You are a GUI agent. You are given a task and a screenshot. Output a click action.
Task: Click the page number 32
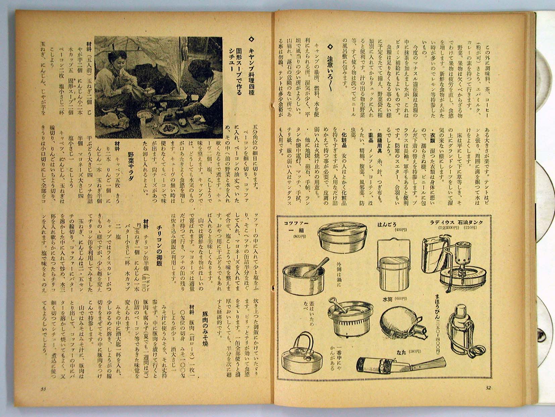pos(489,388)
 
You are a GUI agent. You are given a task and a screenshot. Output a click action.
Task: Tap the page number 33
pos(43,389)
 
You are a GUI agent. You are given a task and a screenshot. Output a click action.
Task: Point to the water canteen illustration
pos(400,323)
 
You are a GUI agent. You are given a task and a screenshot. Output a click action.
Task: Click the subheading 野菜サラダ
pos(132,168)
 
